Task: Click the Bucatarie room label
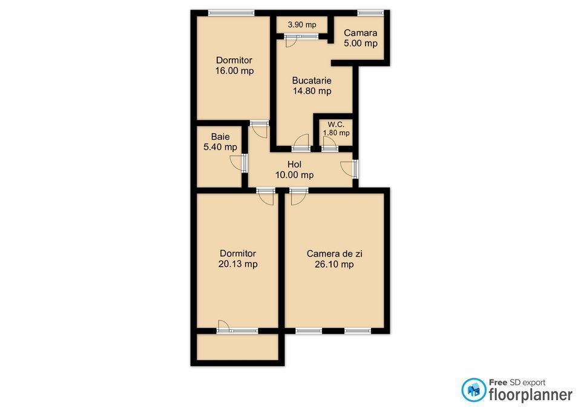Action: pos(312,81)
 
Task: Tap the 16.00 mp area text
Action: pos(235,71)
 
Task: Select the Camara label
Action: pos(361,33)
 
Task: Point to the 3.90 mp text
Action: pos(302,25)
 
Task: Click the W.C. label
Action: pos(336,125)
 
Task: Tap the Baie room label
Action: pos(220,137)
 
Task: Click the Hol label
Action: pos(295,164)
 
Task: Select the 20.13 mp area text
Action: pos(238,264)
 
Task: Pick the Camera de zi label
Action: pos(335,254)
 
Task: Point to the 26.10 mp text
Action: pos(334,265)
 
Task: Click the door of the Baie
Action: pos(239,163)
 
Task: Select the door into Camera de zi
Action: pos(298,196)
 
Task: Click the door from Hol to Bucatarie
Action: pos(301,143)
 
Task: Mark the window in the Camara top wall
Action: pos(370,13)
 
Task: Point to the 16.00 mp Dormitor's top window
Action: pos(231,13)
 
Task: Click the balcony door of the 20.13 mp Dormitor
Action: pos(237,327)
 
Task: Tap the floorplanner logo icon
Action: pos(473,390)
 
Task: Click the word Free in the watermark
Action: pos(498,382)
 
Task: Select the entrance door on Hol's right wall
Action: pos(350,169)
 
